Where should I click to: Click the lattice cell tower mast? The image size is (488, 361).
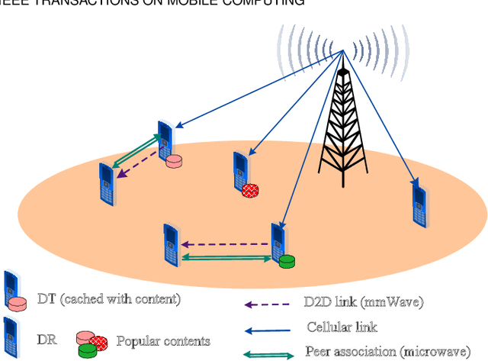click(345, 122)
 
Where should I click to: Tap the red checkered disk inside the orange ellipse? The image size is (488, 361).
click(250, 192)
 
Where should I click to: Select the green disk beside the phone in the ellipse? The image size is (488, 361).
click(287, 262)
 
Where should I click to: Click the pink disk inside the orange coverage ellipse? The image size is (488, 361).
click(175, 161)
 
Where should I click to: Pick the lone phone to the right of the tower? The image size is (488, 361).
click(418, 202)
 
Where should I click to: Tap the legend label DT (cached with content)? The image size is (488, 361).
click(109, 299)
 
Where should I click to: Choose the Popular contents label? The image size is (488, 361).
click(163, 340)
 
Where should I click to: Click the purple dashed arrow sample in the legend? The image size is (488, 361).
click(267, 305)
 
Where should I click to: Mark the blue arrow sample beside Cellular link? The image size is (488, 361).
click(267, 330)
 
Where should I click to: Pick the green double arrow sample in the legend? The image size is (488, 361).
click(268, 354)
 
